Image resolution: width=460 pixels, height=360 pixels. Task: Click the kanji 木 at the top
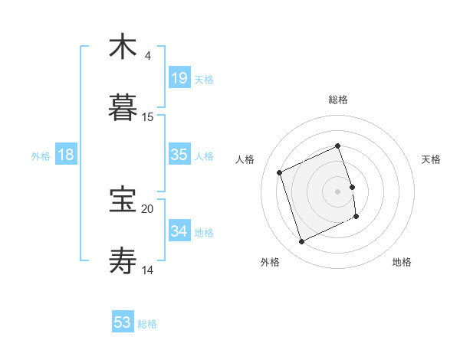tap(123, 47)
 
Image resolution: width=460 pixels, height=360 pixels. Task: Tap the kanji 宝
tap(123, 200)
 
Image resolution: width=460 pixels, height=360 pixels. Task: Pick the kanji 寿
tap(123, 261)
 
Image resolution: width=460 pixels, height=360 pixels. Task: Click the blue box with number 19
tap(179, 77)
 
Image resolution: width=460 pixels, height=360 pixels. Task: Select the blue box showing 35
tap(179, 155)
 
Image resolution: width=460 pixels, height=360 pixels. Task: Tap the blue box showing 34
tap(179, 231)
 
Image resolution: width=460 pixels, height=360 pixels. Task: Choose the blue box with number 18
tap(66, 155)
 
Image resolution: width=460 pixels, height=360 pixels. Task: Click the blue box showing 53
tap(123, 322)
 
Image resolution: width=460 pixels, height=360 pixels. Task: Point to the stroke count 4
tap(147, 56)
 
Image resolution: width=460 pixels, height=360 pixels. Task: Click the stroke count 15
tap(148, 117)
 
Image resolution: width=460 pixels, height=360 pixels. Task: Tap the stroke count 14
tap(148, 270)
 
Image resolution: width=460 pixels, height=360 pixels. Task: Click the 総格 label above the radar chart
tap(338, 100)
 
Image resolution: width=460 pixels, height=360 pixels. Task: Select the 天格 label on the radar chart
tap(432, 159)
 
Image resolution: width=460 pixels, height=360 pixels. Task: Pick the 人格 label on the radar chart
tap(245, 159)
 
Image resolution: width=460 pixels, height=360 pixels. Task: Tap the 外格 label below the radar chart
tap(269, 263)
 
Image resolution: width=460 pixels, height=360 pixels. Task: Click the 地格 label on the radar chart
tap(402, 263)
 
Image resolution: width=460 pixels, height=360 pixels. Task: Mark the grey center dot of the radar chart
tap(338, 191)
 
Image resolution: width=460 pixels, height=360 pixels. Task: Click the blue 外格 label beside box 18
tap(41, 155)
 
